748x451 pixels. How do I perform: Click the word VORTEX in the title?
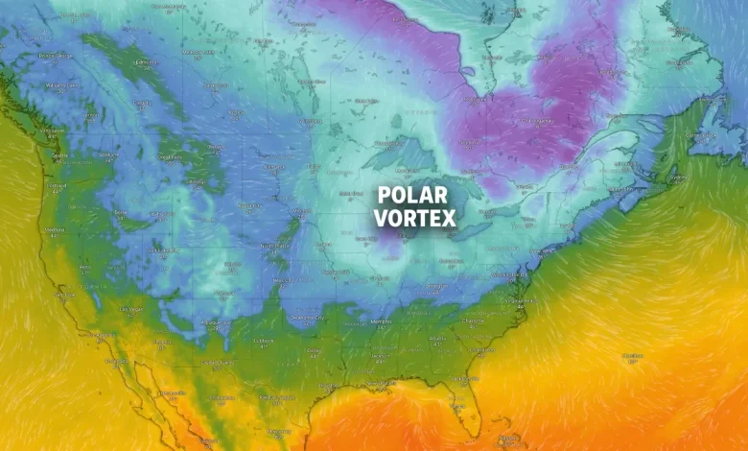(414, 218)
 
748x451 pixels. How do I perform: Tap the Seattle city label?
(59, 154)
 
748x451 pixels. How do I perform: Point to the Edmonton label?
(146, 63)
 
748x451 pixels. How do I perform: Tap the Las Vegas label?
(132, 309)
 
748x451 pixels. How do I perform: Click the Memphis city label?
(386, 320)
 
